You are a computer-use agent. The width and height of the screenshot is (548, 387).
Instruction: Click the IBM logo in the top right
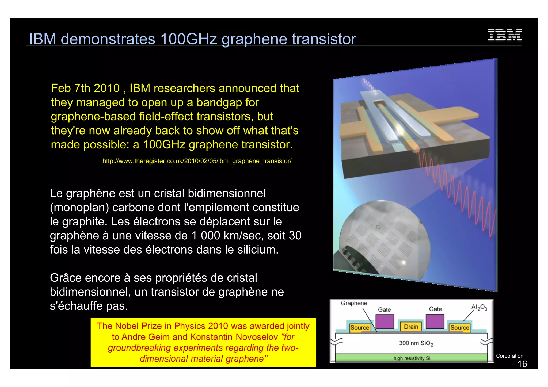(x=504, y=36)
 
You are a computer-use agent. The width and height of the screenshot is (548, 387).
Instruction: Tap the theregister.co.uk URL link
(x=197, y=161)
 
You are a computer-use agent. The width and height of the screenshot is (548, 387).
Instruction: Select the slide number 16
(x=522, y=364)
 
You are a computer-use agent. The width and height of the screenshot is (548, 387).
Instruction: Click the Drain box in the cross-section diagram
(x=411, y=327)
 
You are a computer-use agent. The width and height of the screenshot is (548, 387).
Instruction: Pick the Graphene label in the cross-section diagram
(x=354, y=303)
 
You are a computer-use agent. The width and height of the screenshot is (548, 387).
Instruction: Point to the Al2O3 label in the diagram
(x=479, y=308)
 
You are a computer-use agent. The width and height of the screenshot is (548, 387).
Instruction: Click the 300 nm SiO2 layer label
(x=416, y=343)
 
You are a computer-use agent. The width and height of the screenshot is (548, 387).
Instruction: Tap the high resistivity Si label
(x=412, y=358)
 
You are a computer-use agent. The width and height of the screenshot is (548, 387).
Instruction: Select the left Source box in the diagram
(x=360, y=328)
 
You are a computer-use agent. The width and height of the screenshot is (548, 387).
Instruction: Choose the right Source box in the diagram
(x=459, y=328)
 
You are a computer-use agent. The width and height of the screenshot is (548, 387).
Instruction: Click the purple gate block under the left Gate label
(x=385, y=321)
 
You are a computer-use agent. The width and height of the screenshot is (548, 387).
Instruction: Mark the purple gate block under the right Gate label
(x=435, y=321)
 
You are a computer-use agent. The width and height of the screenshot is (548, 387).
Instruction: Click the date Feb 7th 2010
(x=85, y=88)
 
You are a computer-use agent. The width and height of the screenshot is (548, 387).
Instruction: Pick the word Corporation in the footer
(x=509, y=356)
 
